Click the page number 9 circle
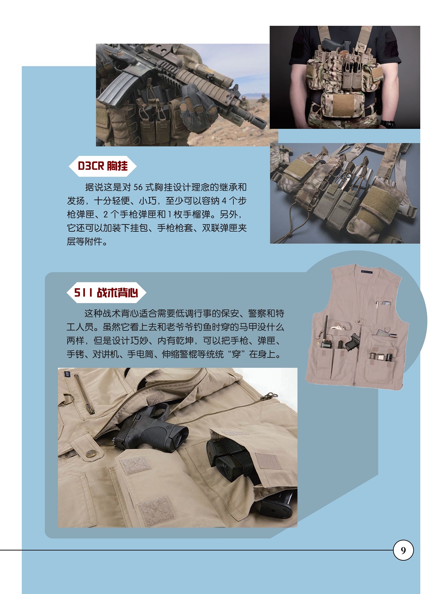click(403, 550)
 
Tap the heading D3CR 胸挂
click(103, 166)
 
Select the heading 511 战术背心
click(106, 293)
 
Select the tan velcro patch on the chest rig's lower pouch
click(343, 106)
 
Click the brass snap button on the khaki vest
click(92, 454)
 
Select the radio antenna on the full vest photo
click(326, 327)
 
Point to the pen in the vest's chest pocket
click(377, 306)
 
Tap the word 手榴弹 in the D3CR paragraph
click(196, 215)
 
